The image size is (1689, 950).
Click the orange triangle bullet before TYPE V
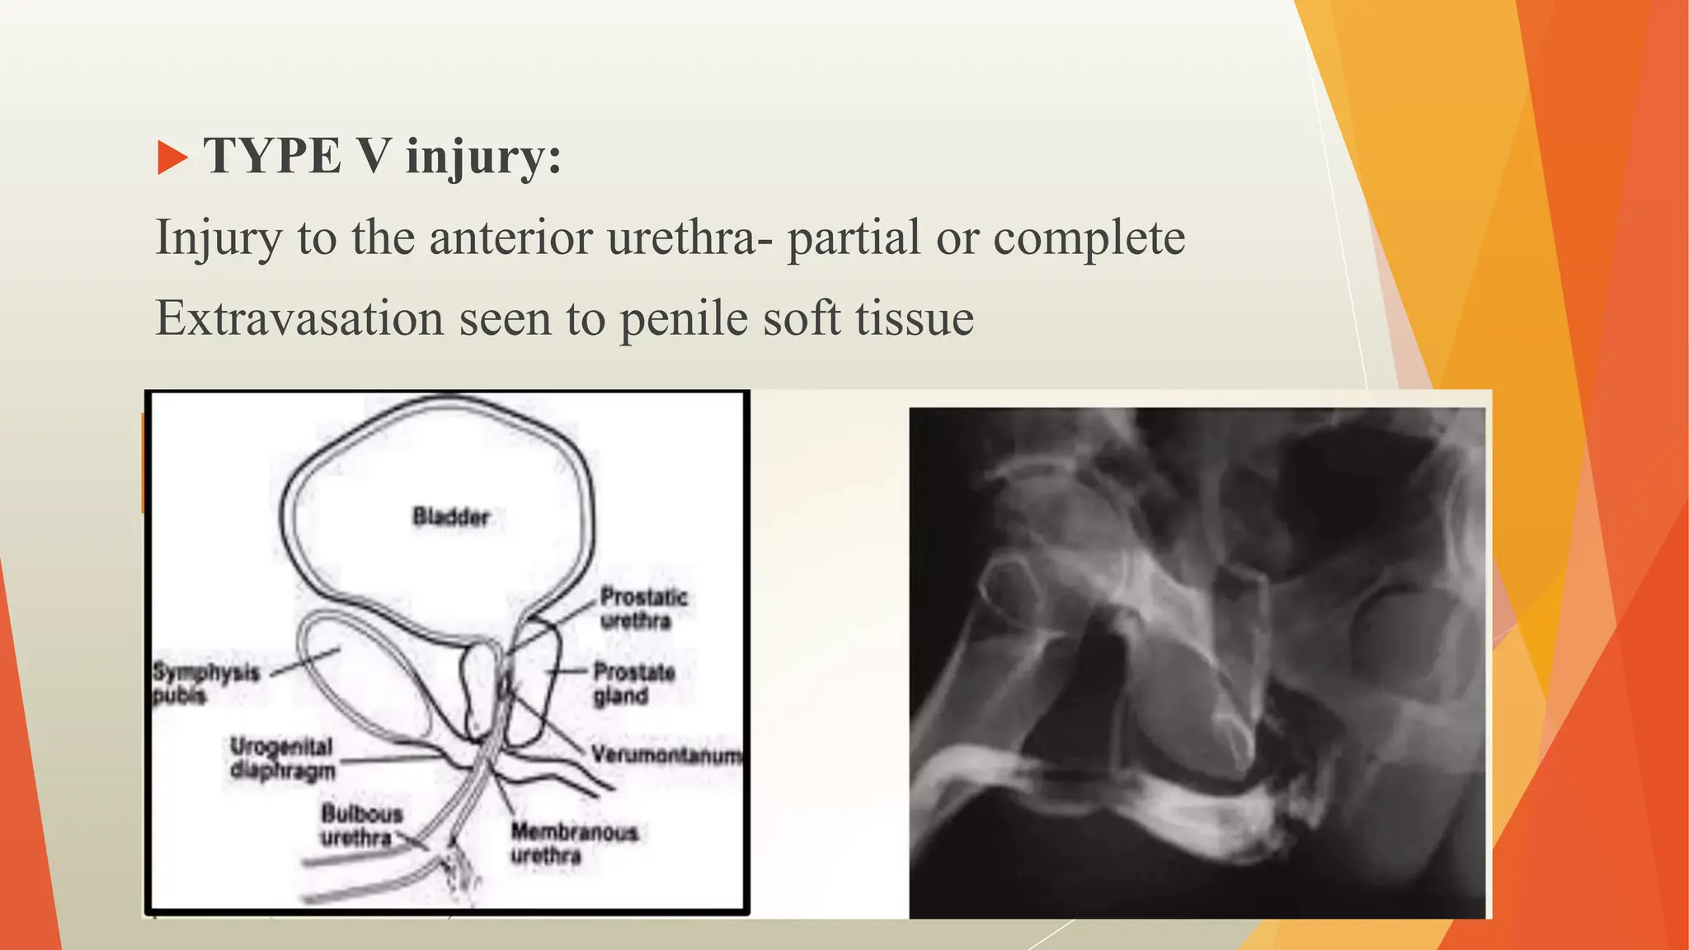pos(172,158)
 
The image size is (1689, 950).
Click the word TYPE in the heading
pos(272,156)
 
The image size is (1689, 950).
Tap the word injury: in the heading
pos(483,158)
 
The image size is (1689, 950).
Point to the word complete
pos(1089,239)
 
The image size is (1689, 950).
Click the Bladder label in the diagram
pos(451,517)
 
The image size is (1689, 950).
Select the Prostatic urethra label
pos(642,609)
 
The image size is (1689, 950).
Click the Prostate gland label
pos(633,684)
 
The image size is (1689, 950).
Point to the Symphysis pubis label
pos(205,684)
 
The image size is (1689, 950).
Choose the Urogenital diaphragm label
pos(282,759)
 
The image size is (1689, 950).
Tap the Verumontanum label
pos(666,755)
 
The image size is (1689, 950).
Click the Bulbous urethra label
pos(360,825)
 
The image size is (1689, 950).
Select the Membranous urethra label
pos(573,844)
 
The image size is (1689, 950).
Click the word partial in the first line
pos(854,239)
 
